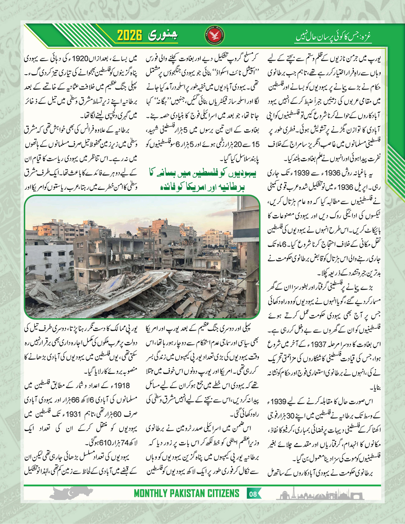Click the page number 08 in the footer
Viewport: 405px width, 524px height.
point(253,495)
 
